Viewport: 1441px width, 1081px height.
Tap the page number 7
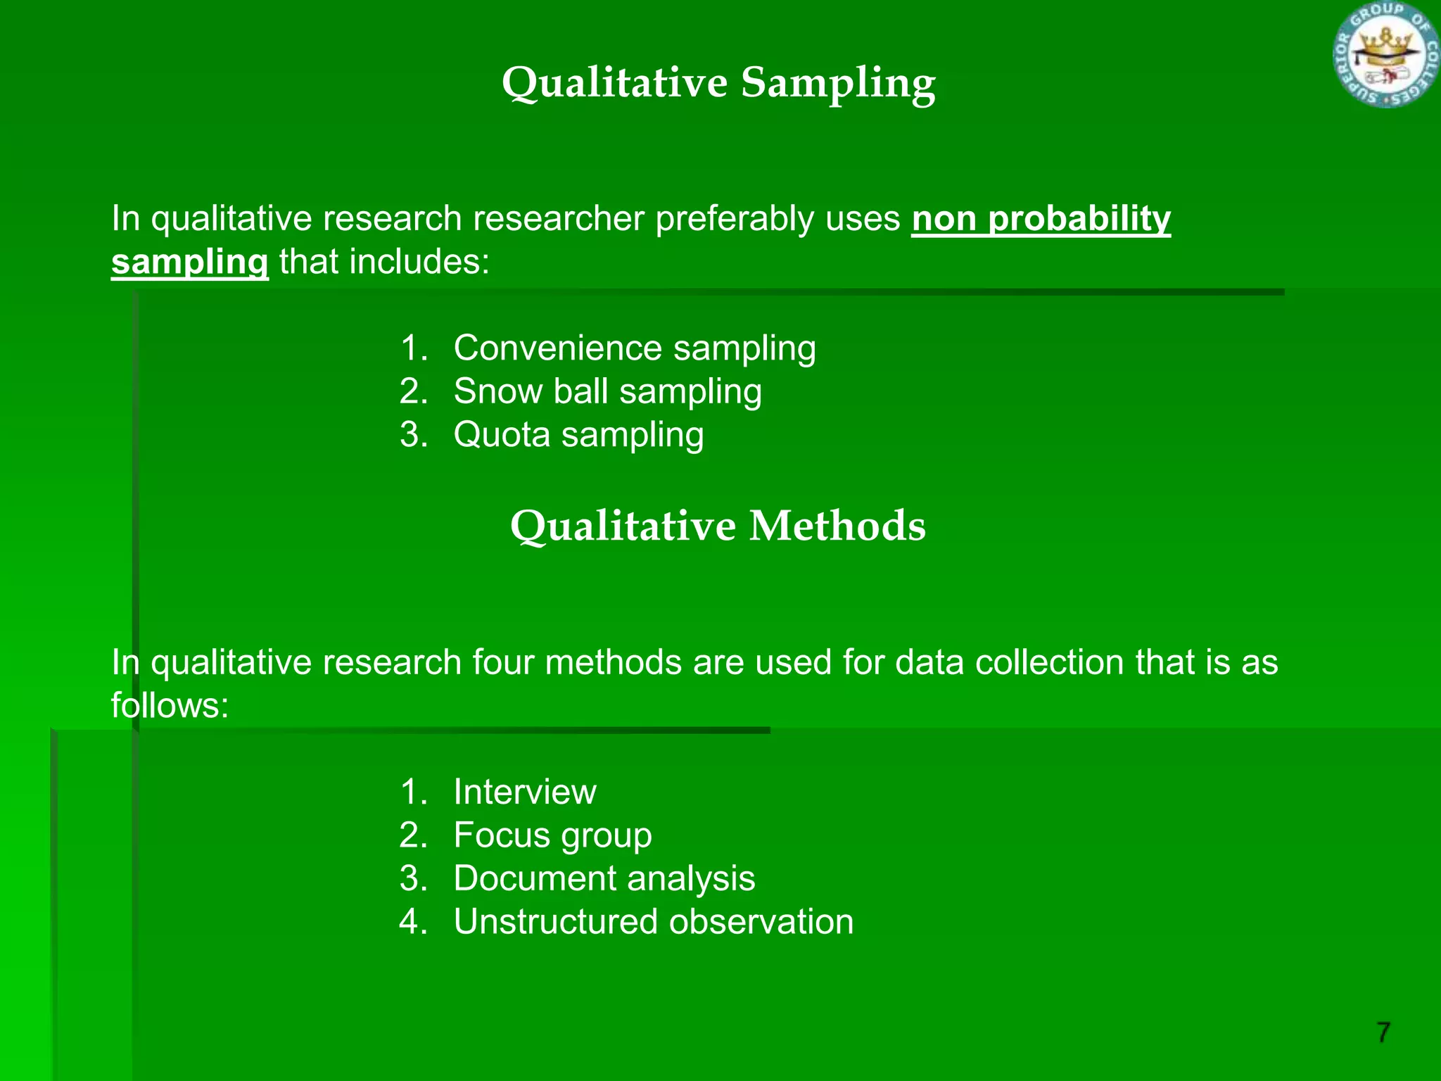click(1383, 1032)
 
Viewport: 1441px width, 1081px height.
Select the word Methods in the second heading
click(837, 526)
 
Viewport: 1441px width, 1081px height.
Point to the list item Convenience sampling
click(635, 349)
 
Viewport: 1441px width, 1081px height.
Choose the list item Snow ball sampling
click(607, 392)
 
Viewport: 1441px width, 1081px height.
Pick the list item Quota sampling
click(578, 435)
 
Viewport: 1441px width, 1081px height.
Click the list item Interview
click(525, 792)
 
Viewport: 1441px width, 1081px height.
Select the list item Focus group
click(552, 836)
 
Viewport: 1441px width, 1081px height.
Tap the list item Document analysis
click(604, 879)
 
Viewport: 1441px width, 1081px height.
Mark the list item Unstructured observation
click(654, 922)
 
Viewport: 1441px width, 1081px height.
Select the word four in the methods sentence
click(503, 663)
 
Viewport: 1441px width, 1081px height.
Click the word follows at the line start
click(170, 706)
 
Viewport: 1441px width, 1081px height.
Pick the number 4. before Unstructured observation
click(414, 922)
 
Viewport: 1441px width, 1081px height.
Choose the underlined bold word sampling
click(190, 263)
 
